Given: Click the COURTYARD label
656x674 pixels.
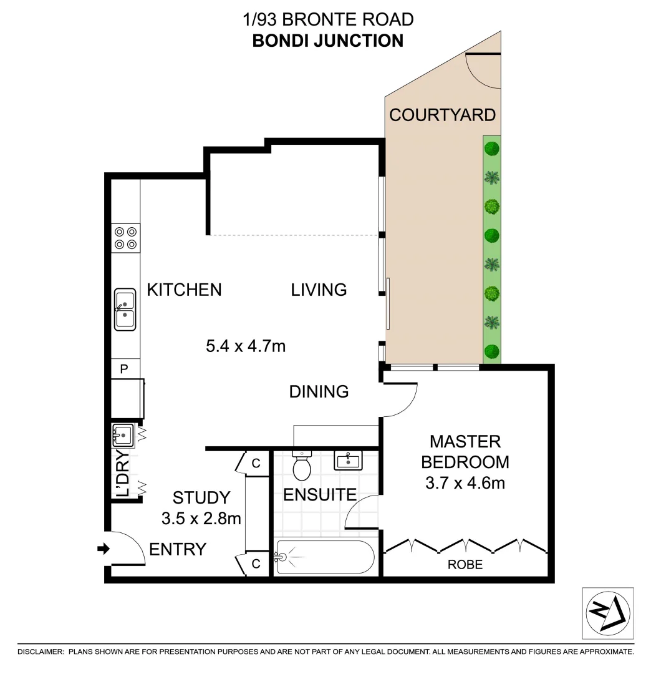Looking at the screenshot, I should (442, 115).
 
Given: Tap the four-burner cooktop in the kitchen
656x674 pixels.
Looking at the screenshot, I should (125, 238).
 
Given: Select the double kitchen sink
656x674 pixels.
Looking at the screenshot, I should (125, 309).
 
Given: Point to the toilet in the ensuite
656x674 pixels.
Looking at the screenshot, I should (302, 465).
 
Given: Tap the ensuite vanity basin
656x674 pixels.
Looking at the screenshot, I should (347, 461).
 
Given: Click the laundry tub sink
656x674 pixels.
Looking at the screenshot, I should (122, 434).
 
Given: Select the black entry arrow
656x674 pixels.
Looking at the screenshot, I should (104, 549).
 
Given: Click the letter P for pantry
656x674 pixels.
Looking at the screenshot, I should (123, 369).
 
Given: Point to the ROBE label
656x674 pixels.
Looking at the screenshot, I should (465, 565).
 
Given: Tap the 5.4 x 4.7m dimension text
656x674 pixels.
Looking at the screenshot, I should (246, 345).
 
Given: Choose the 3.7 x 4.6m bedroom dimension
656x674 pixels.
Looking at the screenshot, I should (465, 482).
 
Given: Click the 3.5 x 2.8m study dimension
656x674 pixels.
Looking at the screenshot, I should (201, 518).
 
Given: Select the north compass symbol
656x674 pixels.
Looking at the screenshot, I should (607, 613).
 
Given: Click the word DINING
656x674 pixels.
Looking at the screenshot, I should (319, 392).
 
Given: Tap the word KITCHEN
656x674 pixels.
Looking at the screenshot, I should (184, 290).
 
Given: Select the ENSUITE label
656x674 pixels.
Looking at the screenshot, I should (319, 495).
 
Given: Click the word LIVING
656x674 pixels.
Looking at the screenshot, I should (319, 290).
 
